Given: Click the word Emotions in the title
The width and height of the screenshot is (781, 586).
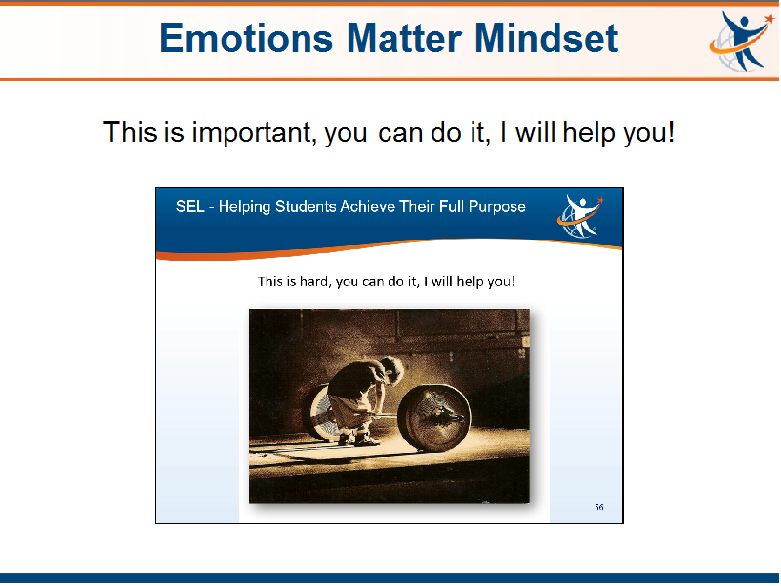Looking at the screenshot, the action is pyautogui.click(x=246, y=38).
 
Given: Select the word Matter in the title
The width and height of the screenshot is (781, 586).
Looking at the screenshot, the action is pyautogui.click(x=404, y=38).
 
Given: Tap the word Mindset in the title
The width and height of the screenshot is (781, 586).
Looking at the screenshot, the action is pyautogui.click(x=547, y=38).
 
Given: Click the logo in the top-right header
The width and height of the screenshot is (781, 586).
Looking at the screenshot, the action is pyautogui.click(x=741, y=42).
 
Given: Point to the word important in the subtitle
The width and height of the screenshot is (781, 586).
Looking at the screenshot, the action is pyautogui.click(x=254, y=133).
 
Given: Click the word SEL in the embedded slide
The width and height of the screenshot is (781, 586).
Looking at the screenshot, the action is pyautogui.click(x=189, y=206).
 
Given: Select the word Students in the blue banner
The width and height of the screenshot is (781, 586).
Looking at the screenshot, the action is pyautogui.click(x=306, y=206).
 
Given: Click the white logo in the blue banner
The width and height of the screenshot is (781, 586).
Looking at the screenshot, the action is pyautogui.click(x=580, y=217).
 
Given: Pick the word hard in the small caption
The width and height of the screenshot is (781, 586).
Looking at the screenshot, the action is pyautogui.click(x=314, y=281).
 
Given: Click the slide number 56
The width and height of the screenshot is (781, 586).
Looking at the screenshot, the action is pyautogui.click(x=599, y=507).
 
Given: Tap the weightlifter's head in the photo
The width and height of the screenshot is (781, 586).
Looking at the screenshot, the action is pyautogui.click(x=391, y=370).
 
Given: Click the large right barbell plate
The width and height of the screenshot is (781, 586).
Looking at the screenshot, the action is pyautogui.click(x=434, y=418).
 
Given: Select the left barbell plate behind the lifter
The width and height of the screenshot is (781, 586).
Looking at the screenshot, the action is pyautogui.click(x=319, y=413).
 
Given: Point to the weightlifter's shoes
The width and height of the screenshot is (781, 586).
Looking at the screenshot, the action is pyautogui.click(x=358, y=439).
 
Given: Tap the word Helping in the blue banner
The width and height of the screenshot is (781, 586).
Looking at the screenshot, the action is pyautogui.click(x=245, y=207).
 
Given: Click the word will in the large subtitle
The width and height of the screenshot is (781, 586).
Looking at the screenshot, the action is pyautogui.click(x=535, y=132).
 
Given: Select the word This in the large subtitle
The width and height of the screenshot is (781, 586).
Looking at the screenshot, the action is pyautogui.click(x=131, y=132).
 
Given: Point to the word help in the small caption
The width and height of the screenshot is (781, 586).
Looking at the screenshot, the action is pyautogui.click(x=471, y=282).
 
